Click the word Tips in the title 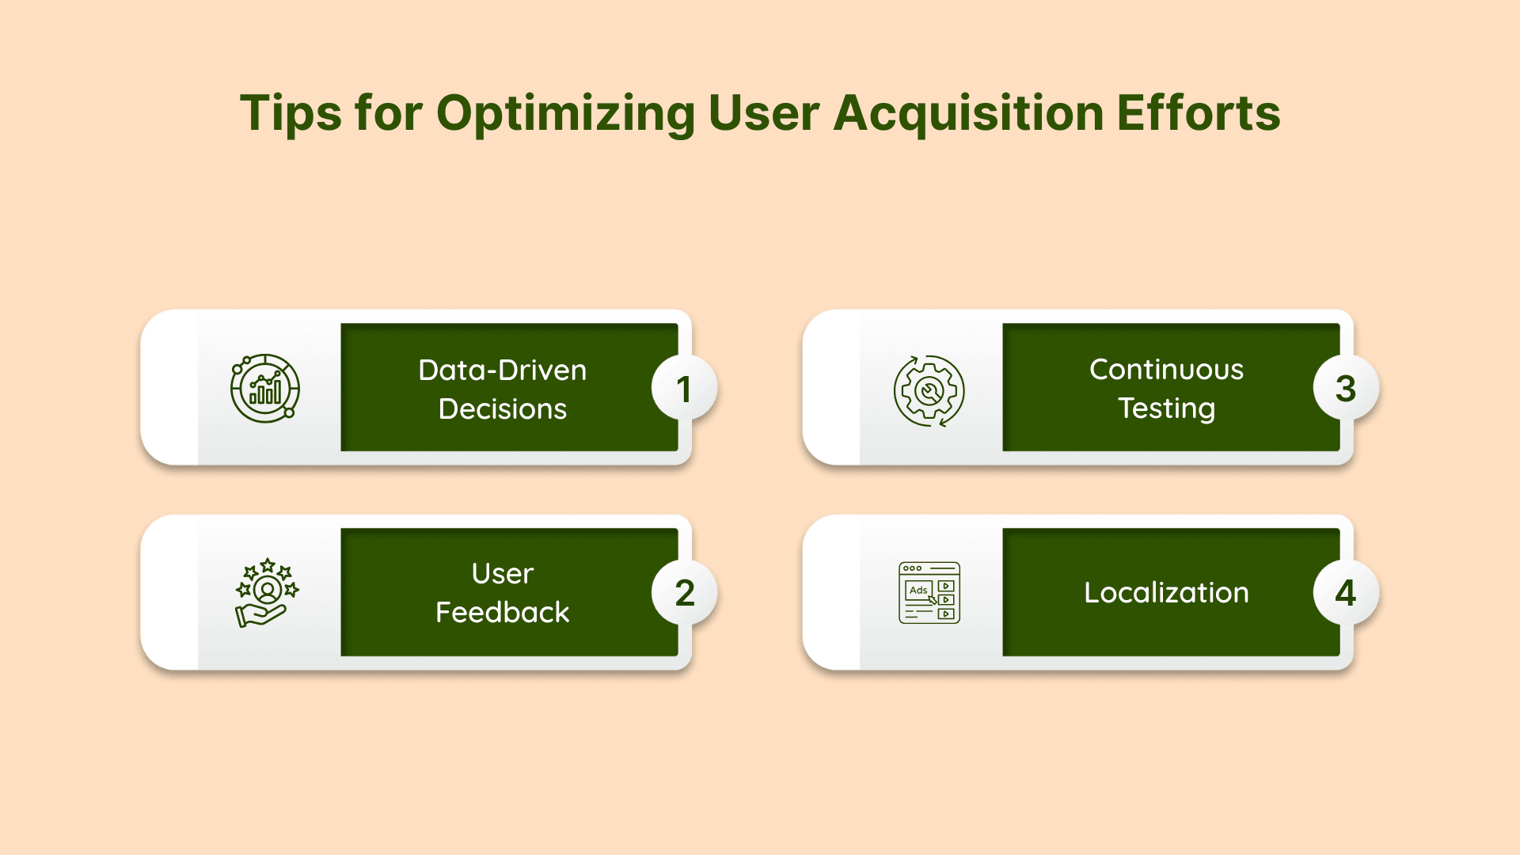pos(291,113)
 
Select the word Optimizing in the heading pos(565,113)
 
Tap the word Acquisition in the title pos(968,113)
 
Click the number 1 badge pos(684,389)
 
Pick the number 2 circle pos(684,593)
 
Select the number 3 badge pos(1346,389)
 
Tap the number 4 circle pos(1346,593)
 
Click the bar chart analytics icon pos(265,388)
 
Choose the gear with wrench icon pos(929,390)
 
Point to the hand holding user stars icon pos(267,592)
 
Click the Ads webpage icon pos(929,593)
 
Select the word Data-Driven pos(503,370)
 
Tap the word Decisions pos(503,408)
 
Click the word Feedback pos(503,612)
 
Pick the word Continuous pos(1166,369)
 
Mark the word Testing pos(1166,408)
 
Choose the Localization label pos(1166,592)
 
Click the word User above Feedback pos(503,573)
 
